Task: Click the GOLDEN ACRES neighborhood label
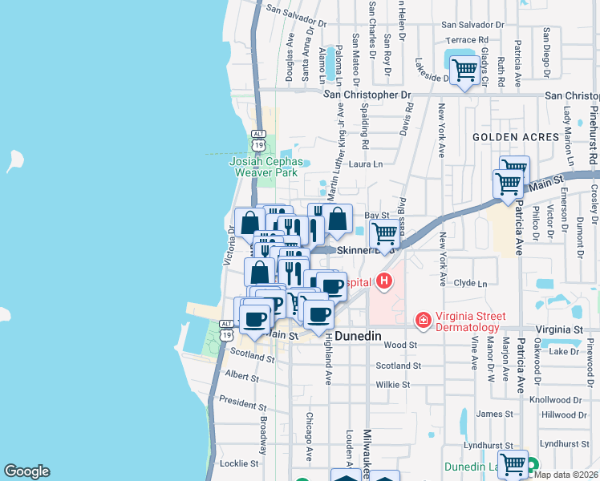(515, 137)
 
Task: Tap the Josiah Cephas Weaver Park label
(266, 166)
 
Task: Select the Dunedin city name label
(361, 337)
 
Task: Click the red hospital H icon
(385, 281)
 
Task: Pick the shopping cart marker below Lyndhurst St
(513, 463)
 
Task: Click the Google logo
(26, 471)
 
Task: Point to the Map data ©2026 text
(566, 475)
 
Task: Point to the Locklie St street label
(238, 463)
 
